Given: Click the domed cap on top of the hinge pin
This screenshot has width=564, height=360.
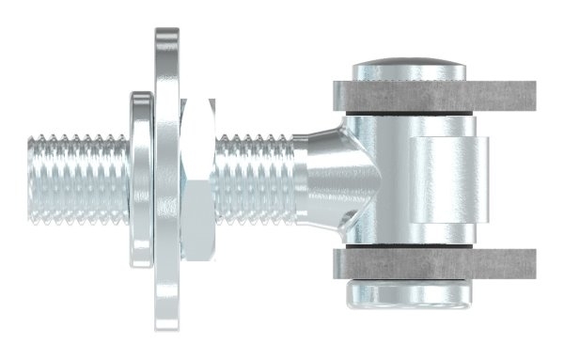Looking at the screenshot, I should tap(412, 71).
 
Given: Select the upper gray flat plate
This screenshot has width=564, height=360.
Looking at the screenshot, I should tap(432, 96).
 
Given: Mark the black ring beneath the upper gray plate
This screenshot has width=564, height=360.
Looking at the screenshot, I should tap(412, 114).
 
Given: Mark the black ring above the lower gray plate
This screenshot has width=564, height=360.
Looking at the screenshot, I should tap(412, 246).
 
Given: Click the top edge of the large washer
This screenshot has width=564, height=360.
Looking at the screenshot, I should tap(166, 30).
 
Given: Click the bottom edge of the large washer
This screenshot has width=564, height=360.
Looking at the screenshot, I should tap(166, 331).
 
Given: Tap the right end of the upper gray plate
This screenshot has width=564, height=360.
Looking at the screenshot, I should tap(532, 96).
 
